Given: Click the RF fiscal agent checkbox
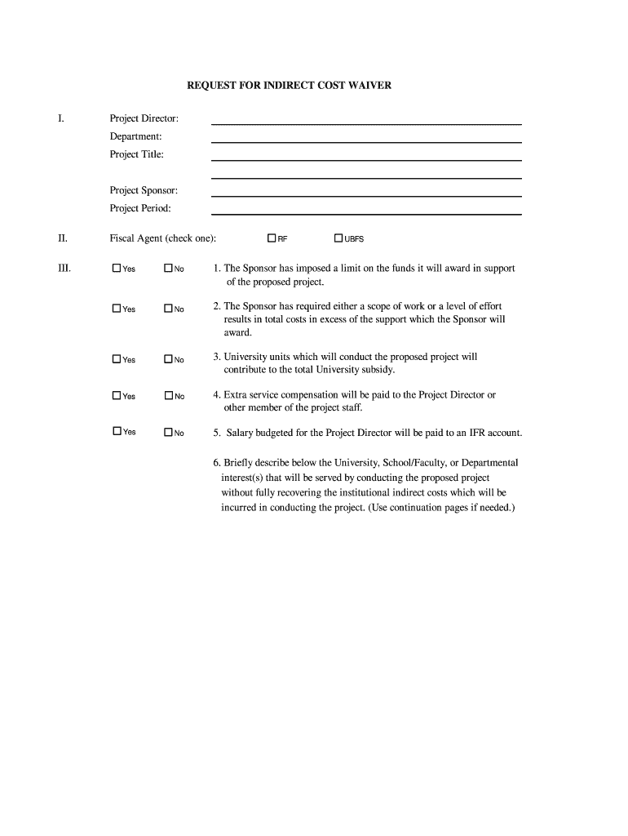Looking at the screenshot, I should [272, 238].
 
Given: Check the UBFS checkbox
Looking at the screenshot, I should [338, 238].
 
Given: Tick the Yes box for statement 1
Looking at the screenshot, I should [117, 268].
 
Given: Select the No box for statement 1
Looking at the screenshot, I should [168, 268].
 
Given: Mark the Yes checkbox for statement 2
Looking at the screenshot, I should [117, 308].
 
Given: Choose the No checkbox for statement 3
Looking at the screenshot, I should [168, 359].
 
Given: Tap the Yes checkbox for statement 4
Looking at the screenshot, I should [117, 395].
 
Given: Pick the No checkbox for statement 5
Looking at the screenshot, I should [168, 433].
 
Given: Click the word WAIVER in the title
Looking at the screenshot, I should [371, 85].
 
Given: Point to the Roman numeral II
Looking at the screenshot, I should [62, 238].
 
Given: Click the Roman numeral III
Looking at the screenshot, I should [64, 268].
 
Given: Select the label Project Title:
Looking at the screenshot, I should [137, 154].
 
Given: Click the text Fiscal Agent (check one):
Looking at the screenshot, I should [163, 238].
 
